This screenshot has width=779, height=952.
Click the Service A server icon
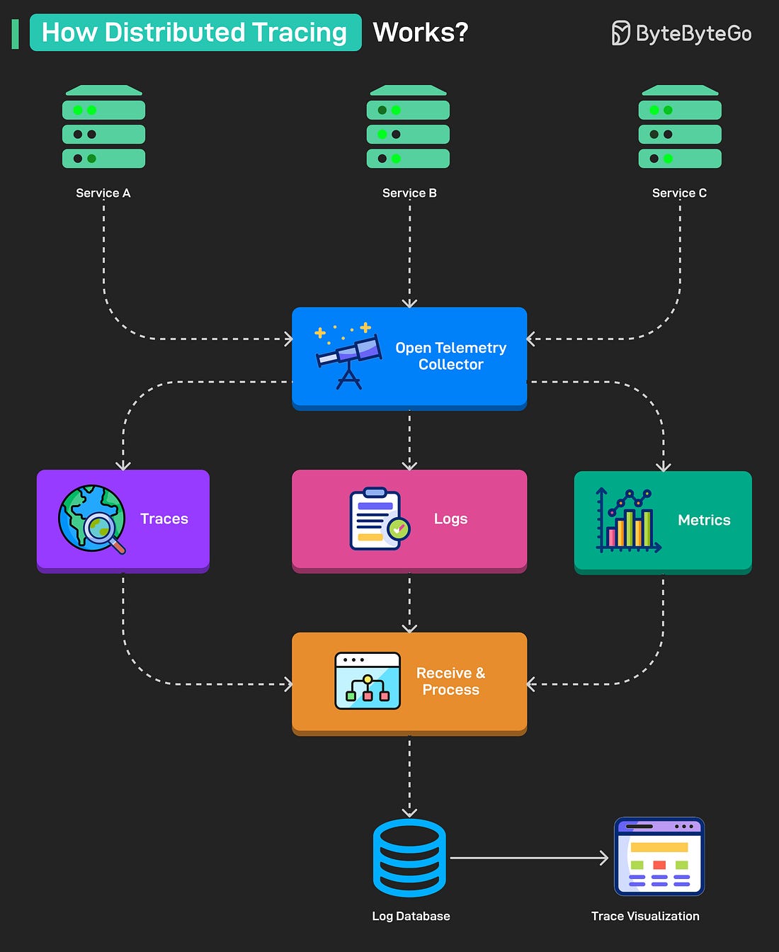103,127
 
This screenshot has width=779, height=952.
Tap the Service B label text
409,193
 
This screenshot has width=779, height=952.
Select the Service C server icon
680,127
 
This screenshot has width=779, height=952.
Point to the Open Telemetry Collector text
450,356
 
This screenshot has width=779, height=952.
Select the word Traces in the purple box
164,518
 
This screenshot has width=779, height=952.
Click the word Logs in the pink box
450,518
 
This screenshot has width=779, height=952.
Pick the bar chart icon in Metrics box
627,521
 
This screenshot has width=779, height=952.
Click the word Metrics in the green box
704,520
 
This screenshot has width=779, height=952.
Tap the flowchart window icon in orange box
367,681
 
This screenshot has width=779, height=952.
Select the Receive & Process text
450,681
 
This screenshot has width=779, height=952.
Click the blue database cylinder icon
409,858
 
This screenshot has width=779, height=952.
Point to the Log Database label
411,916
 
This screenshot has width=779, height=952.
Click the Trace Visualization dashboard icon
659,856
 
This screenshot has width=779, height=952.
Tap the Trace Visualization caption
645,916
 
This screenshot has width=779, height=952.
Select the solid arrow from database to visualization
528,858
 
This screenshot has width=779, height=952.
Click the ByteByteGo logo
681,33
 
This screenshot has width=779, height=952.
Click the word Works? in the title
421,33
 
